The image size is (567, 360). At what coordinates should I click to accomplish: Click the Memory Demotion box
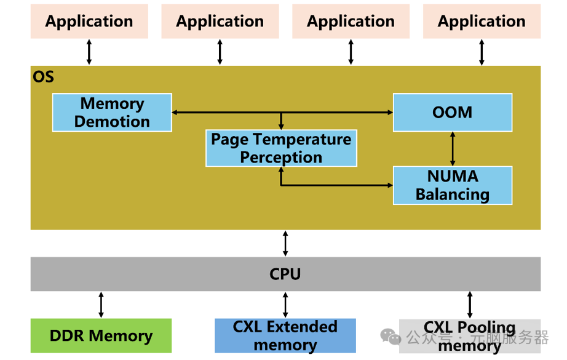(112, 113)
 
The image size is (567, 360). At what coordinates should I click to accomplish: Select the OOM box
(453, 113)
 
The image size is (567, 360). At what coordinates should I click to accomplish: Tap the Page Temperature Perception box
(281, 148)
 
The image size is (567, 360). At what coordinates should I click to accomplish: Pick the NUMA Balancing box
(453, 185)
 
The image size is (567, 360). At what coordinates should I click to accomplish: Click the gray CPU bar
(285, 274)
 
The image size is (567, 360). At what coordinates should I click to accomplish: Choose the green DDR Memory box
(101, 335)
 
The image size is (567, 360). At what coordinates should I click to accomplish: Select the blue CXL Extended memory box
(285, 335)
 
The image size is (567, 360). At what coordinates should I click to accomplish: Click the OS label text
(43, 77)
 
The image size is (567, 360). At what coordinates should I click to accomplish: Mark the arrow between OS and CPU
(285, 243)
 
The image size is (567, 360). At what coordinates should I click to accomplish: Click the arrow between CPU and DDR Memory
(101, 305)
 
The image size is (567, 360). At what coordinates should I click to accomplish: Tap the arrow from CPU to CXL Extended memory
(285, 305)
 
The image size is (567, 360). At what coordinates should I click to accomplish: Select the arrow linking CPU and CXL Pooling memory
(470, 305)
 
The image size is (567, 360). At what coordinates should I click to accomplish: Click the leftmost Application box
(89, 22)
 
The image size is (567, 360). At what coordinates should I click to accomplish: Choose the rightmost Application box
(482, 22)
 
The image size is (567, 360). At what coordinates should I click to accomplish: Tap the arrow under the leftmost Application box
(89, 52)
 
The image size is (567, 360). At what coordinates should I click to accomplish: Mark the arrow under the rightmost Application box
(482, 52)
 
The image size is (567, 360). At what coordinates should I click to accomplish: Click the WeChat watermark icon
(391, 336)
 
